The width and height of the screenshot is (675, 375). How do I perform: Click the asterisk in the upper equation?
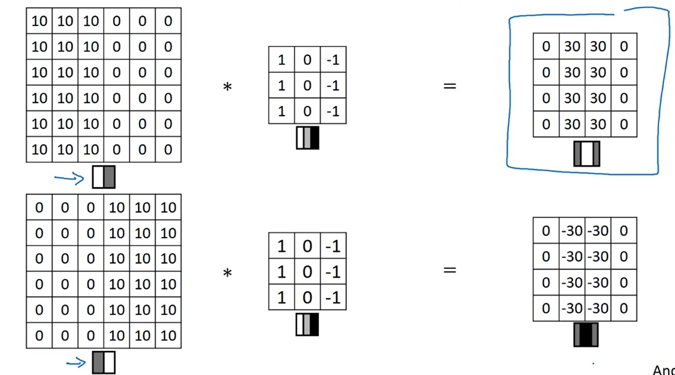[x=228, y=87]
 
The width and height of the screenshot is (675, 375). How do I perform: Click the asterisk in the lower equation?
[x=228, y=273]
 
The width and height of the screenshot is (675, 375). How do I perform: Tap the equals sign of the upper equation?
[x=450, y=86]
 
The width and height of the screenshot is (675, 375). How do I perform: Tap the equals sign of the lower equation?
[x=450, y=270]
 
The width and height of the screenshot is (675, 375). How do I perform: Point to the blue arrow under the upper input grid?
[x=69, y=179]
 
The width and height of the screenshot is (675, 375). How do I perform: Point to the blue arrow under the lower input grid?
[x=76, y=363]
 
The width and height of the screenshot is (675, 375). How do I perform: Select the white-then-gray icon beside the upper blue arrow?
[x=104, y=177]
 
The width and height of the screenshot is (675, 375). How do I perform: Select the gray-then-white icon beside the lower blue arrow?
[x=104, y=362]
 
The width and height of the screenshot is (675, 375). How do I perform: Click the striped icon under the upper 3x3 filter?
[x=307, y=138]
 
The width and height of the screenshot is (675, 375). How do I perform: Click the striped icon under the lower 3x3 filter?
[x=307, y=324]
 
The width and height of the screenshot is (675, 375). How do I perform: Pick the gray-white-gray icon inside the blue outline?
[x=587, y=154]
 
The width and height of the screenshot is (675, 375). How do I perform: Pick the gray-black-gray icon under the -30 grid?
[x=586, y=335]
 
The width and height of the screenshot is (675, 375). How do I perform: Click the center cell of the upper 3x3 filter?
[x=307, y=85]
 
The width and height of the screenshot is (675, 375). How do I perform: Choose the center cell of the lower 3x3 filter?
[x=307, y=271]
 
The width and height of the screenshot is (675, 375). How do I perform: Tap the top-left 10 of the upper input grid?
[x=39, y=21]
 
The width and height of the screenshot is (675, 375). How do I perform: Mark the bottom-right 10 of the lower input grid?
[x=168, y=336]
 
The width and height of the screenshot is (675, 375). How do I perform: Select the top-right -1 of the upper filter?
[x=333, y=60]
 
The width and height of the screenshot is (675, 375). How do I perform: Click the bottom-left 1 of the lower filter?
[x=282, y=297]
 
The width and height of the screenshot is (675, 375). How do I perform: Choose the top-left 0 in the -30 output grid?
[x=546, y=231]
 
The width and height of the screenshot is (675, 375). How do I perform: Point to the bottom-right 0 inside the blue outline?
[x=624, y=124]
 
